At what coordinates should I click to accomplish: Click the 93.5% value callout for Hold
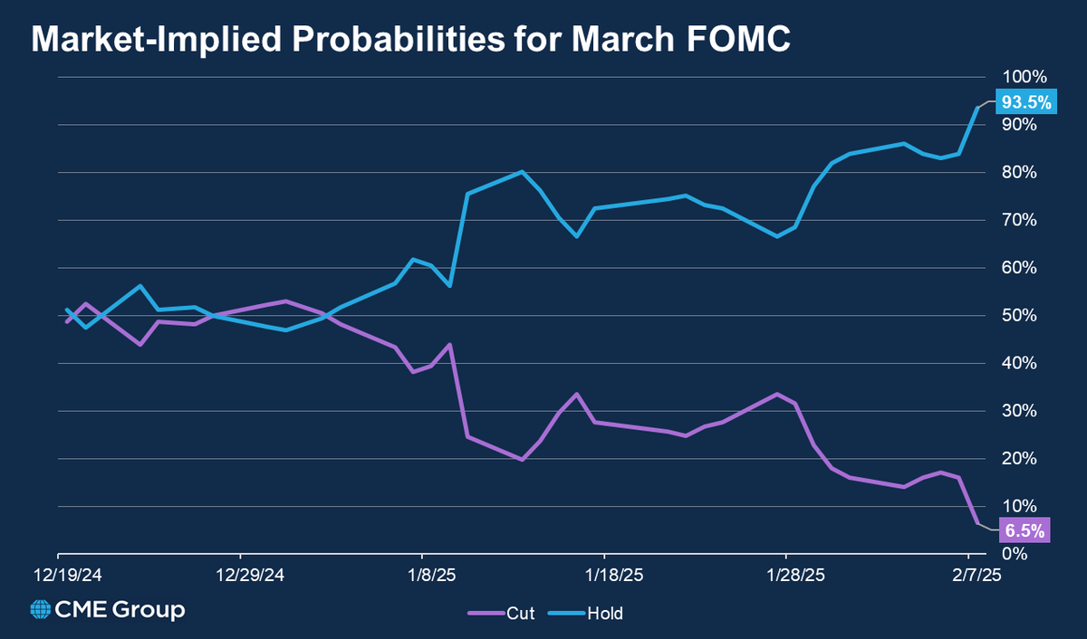pyautogui.click(x=1024, y=102)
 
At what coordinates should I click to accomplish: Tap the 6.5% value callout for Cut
pyautogui.click(x=1024, y=530)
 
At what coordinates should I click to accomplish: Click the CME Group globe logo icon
pyautogui.click(x=41, y=610)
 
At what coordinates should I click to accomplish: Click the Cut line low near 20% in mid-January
pyautogui.click(x=523, y=460)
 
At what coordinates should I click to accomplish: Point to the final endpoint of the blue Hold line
pyautogui.click(x=977, y=108)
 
